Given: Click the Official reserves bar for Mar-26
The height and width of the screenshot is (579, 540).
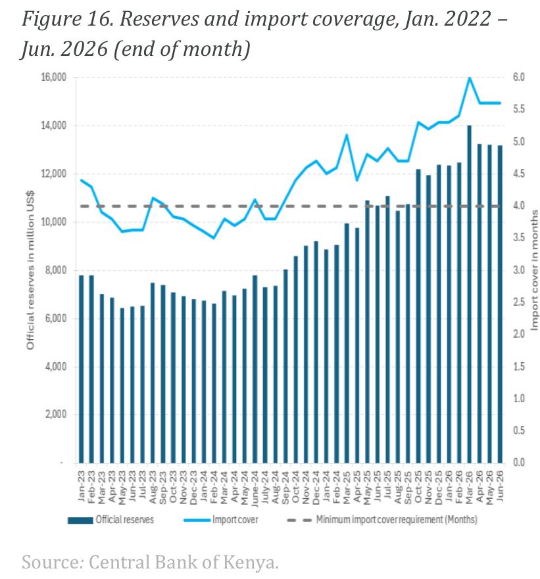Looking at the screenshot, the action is click(469, 294).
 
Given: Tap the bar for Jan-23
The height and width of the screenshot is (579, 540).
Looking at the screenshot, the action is click(82, 369).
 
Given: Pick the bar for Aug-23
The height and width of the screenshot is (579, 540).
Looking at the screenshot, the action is click(153, 373).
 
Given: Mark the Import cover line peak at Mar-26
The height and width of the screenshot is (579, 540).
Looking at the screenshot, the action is click(469, 78).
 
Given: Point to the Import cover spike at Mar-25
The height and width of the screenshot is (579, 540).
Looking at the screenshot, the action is click(347, 135).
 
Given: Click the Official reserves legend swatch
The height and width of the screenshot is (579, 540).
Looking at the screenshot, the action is click(80, 520).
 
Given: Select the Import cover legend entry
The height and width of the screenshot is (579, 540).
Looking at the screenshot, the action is click(221, 520).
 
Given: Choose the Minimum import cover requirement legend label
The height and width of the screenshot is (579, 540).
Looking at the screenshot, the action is click(397, 520).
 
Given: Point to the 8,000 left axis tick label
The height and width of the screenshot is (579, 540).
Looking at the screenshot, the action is click(56, 270).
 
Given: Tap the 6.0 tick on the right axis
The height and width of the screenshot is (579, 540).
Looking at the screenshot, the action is click(518, 77).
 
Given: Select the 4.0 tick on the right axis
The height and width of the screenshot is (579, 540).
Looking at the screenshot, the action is click(518, 206).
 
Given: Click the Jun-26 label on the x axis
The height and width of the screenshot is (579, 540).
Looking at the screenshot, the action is click(500, 486).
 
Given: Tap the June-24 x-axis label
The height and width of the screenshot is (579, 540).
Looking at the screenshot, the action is click(255, 488).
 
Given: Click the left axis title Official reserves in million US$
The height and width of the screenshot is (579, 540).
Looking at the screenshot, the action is click(30, 270).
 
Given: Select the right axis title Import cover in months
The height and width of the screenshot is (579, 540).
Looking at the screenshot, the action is click(534, 270).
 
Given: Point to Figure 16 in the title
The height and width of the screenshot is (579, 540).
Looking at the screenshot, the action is click(68, 18).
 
